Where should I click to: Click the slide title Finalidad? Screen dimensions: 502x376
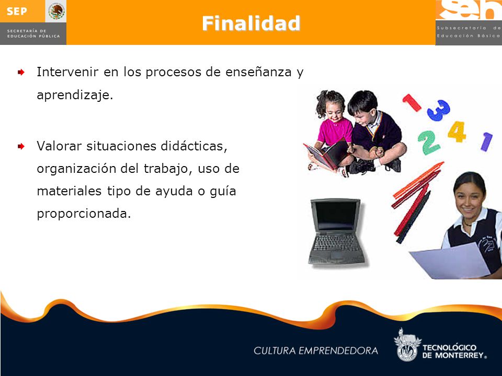click(251, 23)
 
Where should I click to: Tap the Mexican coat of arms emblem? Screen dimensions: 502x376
click(56, 11)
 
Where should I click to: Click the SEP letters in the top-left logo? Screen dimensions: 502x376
click(17, 11)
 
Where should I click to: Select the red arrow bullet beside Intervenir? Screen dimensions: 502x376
click(21, 72)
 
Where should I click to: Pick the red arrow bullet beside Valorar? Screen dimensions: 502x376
click(21, 146)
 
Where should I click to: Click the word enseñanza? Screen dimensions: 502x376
click(258, 72)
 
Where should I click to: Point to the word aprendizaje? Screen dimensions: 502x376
click(75, 95)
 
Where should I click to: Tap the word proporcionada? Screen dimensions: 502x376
click(84, 214)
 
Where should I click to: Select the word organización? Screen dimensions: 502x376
click(76, 169)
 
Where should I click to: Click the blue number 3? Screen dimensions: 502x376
click(439, 110)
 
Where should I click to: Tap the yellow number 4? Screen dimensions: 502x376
click(457, 132)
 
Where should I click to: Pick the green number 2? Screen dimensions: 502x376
click(428, 143)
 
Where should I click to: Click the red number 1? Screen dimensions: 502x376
click(412, 103)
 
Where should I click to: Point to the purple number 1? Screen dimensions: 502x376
click(486, 142)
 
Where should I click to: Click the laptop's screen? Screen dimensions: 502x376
click(336, 216)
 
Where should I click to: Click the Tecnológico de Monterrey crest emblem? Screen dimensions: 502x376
click(407, 345)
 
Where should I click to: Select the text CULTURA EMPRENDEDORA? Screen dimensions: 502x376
click(316, 351)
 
